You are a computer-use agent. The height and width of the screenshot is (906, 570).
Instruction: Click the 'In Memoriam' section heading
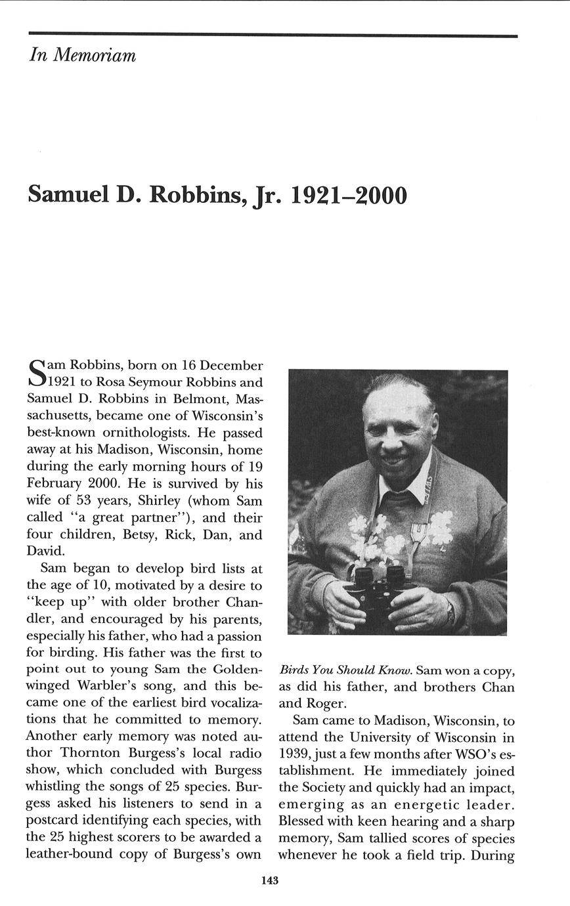[83, 55]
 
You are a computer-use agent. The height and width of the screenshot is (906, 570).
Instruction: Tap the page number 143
[269, 880]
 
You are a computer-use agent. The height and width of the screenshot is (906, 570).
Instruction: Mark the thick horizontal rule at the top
[273, 35]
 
